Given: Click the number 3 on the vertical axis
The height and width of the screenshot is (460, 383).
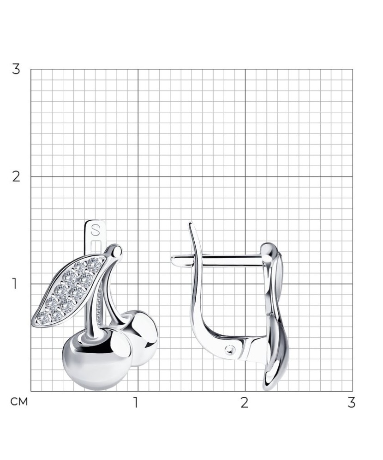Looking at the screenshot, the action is click(x=16, y=69).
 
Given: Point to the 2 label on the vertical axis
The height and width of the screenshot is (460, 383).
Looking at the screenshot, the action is click(x=16, y=176).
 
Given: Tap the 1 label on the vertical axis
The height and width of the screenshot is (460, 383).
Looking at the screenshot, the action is click(x=14, y=284).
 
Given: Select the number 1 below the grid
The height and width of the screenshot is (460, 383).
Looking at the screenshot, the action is click(x=135, y=403).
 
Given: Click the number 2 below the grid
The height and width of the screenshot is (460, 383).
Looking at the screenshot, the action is click(x=245, y=403).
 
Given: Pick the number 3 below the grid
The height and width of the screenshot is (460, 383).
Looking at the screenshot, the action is click(x=351, y=403).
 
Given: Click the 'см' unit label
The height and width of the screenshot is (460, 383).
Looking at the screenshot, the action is click(x=19, y=402).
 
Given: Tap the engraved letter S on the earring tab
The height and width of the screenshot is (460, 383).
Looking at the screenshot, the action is click(x=94, y=230).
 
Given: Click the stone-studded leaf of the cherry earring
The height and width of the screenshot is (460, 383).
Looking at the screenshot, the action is click(x=69, y=291).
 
